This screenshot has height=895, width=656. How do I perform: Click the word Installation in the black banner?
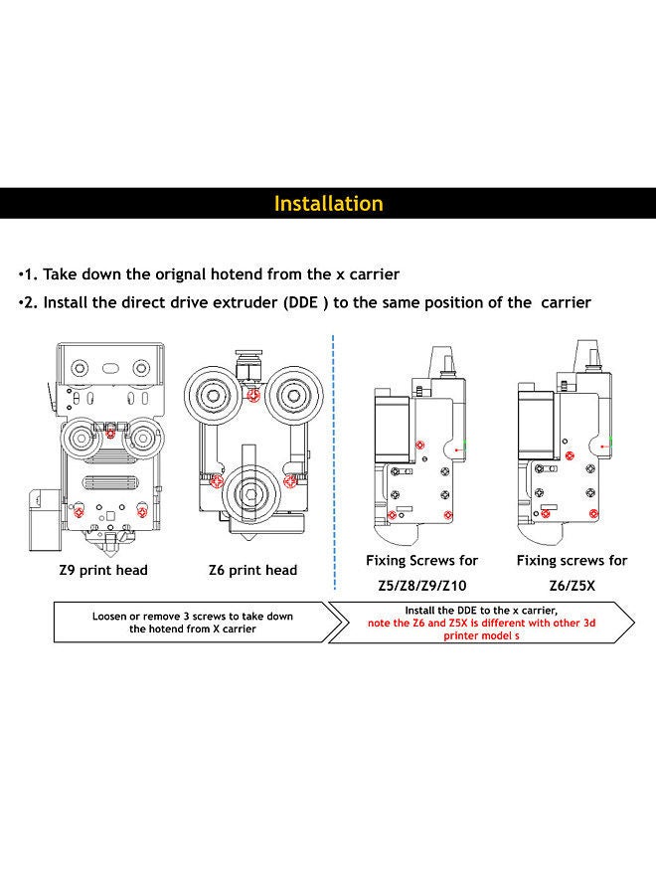(328, 204)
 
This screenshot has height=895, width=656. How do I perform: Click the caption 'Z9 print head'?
(103, 570)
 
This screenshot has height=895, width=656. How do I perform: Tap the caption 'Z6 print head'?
(252, 570)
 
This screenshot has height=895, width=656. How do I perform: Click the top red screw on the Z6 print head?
(254, 396)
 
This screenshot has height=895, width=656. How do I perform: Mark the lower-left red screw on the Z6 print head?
(218, 481)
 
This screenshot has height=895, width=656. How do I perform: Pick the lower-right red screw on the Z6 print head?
(288, 481)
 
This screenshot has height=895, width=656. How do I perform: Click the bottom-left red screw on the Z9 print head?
(80, 512)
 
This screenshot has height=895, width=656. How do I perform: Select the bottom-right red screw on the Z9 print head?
(143, 512)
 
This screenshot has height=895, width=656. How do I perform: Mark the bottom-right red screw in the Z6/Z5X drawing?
(594, 512)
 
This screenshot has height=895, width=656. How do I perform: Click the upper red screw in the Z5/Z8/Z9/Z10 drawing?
(420, 443)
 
